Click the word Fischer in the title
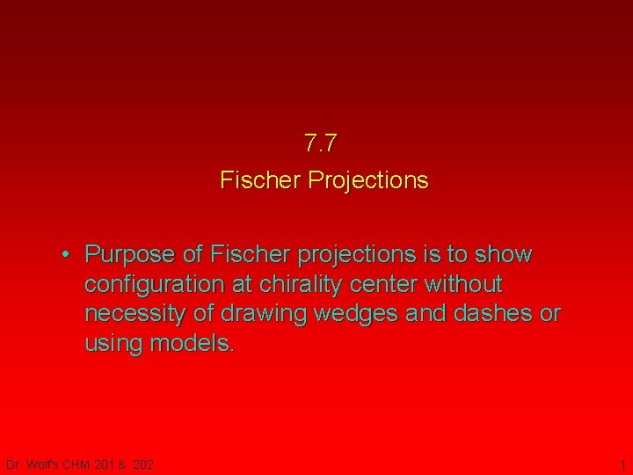point(258,180)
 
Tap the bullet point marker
point(67,255)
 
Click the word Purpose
point(130,255)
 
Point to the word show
point(504,255)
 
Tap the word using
point(114,343)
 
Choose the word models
point(193,343)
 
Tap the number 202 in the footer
point(143,464)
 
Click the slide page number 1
point(622,464)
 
